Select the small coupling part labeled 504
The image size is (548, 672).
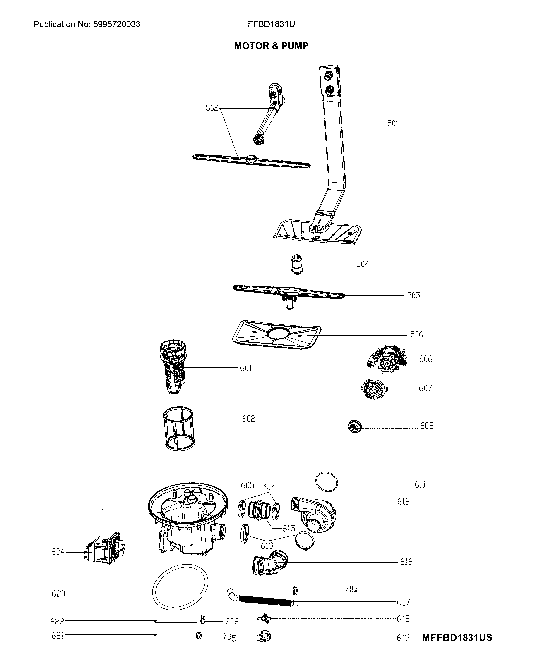click(297, 264)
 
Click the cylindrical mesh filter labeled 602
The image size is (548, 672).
click(179, 429)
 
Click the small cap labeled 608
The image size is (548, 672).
click(354, 427)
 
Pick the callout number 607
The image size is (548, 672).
click(425, 388)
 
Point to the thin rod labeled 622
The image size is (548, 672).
click(175, 621)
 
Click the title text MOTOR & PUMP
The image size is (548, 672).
click(271, 46)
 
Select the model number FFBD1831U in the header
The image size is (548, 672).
click(271, 24)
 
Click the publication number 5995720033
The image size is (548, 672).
click(116, 24)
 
